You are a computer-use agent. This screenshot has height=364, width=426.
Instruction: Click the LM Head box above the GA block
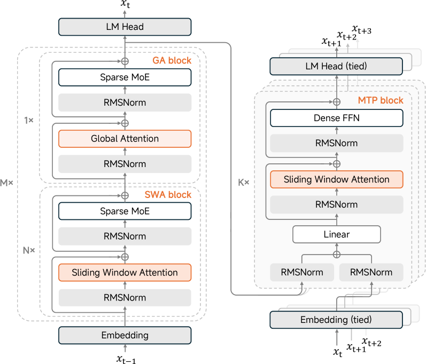pyautogui.click(x=125, y=27)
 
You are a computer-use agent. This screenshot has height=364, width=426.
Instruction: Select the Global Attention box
pyautogui.click(x=125, y=139)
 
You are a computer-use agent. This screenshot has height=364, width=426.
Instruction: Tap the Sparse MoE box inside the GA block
pyautogui.click(x=125, y=77)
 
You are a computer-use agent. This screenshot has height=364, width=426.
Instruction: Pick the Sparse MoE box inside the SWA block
pyautogui.click(x=125, y=211)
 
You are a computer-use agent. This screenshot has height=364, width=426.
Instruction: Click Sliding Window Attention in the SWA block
pyautogui.click(x=125, y=273)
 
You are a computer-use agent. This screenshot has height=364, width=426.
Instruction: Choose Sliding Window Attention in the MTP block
pyautogui.click(x=336, y=179)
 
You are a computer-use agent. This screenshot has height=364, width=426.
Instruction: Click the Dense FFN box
pyautogui.click(x=336, y=118)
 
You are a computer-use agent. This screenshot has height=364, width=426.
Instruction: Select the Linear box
pyautogui.click(x=336, y=234)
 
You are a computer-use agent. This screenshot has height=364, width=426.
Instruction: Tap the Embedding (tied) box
pyautogui.click(x=336, y=320)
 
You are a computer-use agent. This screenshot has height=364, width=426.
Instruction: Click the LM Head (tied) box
pyautogui.click(x=336, y=66)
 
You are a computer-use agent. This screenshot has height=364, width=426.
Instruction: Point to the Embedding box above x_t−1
pyautogui.click(x=125, y=335)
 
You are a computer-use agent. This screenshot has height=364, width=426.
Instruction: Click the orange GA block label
pyautogui.click(x=172, y=60)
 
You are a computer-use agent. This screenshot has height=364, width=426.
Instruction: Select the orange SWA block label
pyautogui.click(x=168, y=195)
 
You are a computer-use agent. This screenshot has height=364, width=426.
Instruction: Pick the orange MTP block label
pyautogui.click(x=381, y=100)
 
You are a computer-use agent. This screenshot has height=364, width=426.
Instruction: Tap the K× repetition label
pyautogui.click(x=243, y=183)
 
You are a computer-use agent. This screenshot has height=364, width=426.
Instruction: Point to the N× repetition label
pyautogui.click(x=28, y=250)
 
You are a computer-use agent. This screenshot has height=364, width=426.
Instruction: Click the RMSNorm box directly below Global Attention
pyautogui.click(x=125, y=164)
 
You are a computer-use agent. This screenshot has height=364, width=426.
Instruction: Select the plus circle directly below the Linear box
pyautogui.click(x=336, y=254)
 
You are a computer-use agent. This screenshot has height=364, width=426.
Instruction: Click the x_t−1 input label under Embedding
pyautogui.click(x=126, y=360)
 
